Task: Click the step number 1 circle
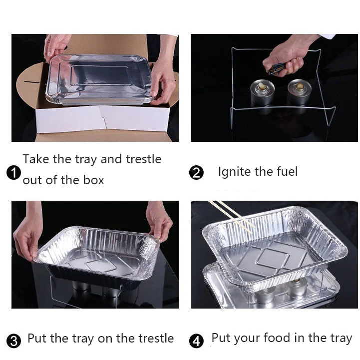[x=14, y=173]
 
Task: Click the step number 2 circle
[x=197, y=173]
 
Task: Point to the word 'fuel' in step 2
[x=286, y=171]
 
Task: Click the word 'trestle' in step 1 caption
[x=144, y=159]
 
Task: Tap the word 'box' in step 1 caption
[x=93, y=180]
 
